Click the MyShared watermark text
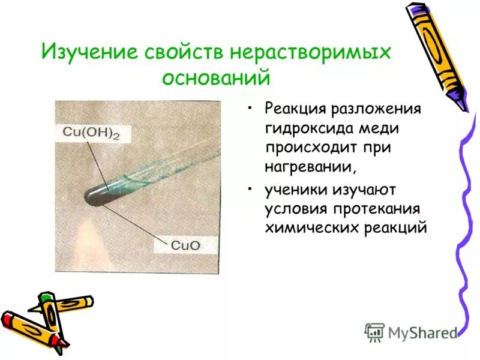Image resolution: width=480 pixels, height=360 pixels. pos(422,332)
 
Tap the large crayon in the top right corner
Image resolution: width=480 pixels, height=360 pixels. pos(436,54)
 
